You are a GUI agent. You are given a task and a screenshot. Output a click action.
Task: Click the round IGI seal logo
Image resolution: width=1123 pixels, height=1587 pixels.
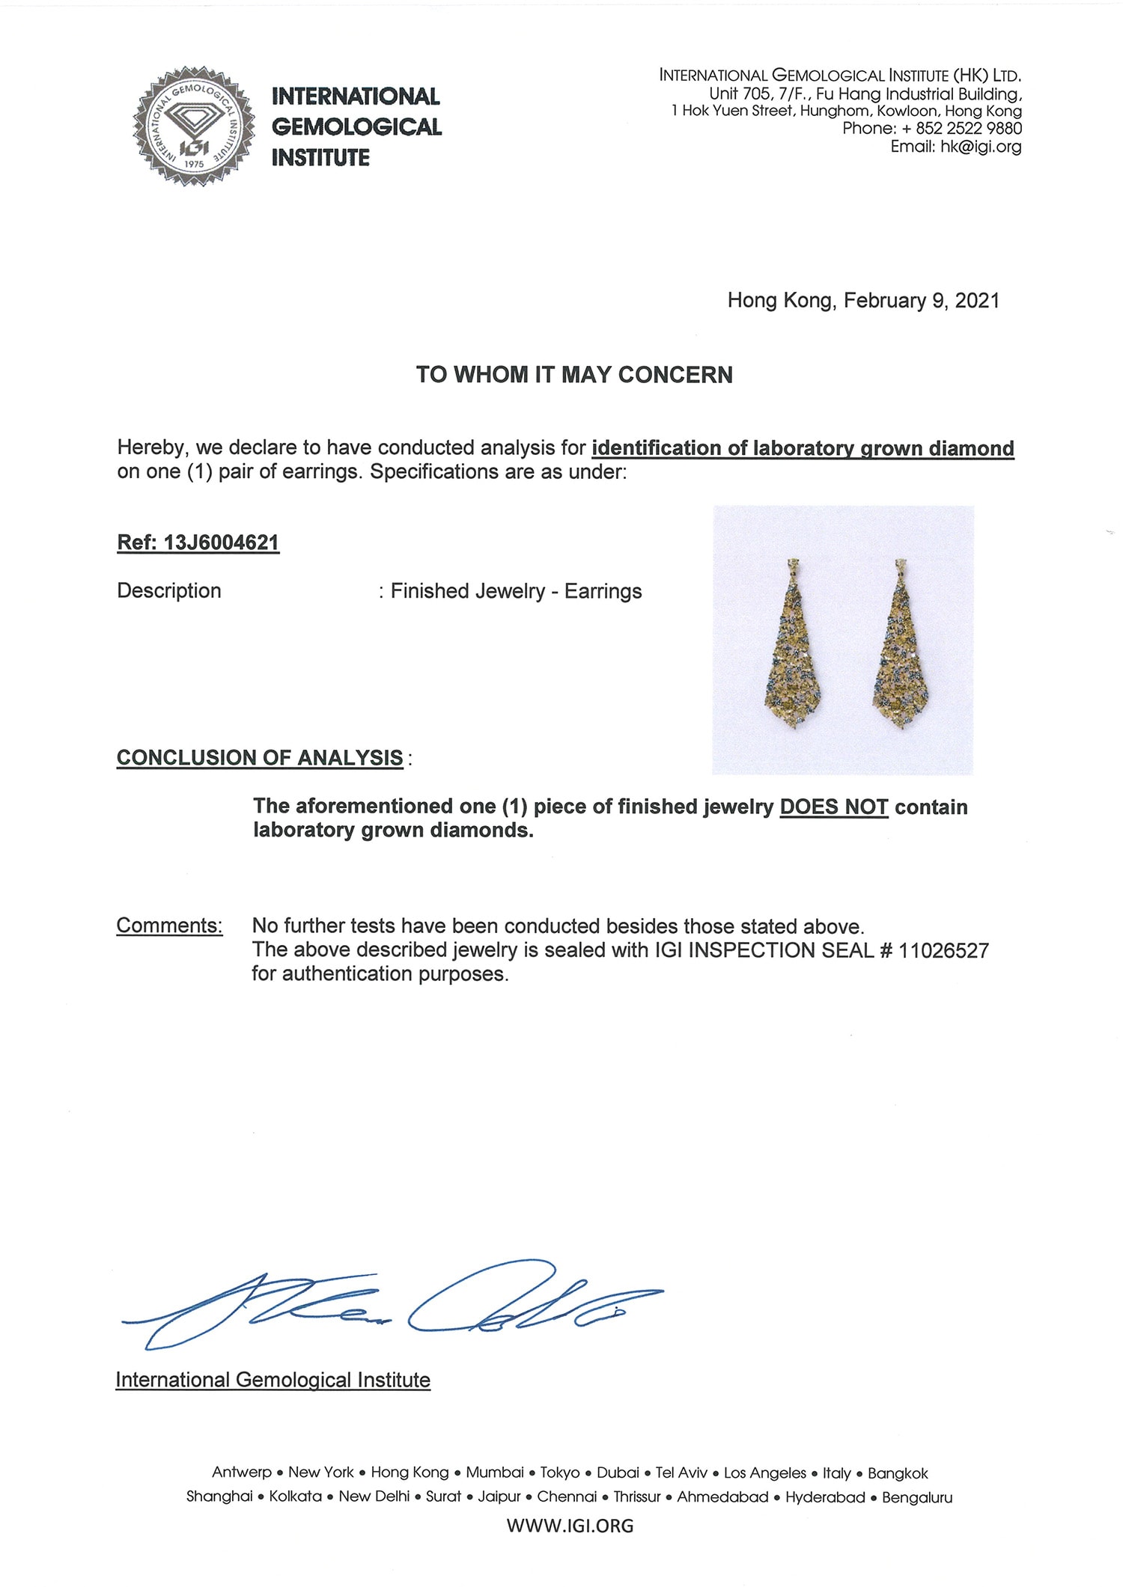point(193,126)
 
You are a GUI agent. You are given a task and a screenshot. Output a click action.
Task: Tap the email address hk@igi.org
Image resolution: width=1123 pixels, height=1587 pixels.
point(981,147)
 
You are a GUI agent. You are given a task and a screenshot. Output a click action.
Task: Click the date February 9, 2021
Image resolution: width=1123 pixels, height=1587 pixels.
point(922,301)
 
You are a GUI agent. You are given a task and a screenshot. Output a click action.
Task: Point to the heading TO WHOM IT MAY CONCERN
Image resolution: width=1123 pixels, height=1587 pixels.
point(574,375)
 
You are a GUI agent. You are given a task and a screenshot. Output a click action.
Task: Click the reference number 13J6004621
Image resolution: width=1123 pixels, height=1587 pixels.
point(221,542)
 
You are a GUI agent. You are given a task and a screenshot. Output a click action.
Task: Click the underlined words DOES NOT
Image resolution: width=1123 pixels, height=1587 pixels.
point(833,807)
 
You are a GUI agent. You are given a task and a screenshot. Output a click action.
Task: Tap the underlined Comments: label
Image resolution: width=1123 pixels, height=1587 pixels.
point(169,926)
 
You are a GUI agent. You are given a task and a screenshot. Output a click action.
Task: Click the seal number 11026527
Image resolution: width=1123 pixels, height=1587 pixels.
point(943,950)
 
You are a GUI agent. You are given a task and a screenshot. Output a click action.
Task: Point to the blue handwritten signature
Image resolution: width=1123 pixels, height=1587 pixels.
point(389,1306)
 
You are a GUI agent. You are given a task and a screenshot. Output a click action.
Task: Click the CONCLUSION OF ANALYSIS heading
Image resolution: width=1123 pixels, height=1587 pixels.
point(260,757)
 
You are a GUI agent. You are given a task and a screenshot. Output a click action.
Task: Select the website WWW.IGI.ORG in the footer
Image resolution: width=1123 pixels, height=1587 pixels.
point(570,1526)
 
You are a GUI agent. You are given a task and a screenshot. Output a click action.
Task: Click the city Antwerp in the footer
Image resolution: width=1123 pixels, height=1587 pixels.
point(241,1473)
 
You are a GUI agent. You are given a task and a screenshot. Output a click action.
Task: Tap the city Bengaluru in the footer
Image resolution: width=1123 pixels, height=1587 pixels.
point(916,1497)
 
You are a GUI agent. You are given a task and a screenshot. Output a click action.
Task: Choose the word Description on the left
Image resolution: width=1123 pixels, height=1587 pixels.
point(169,591)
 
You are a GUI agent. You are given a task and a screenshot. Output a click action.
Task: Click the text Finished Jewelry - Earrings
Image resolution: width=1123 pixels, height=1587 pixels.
point(516,591)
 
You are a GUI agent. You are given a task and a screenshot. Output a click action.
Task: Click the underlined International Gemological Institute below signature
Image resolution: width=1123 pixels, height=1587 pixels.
point(273,1380)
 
